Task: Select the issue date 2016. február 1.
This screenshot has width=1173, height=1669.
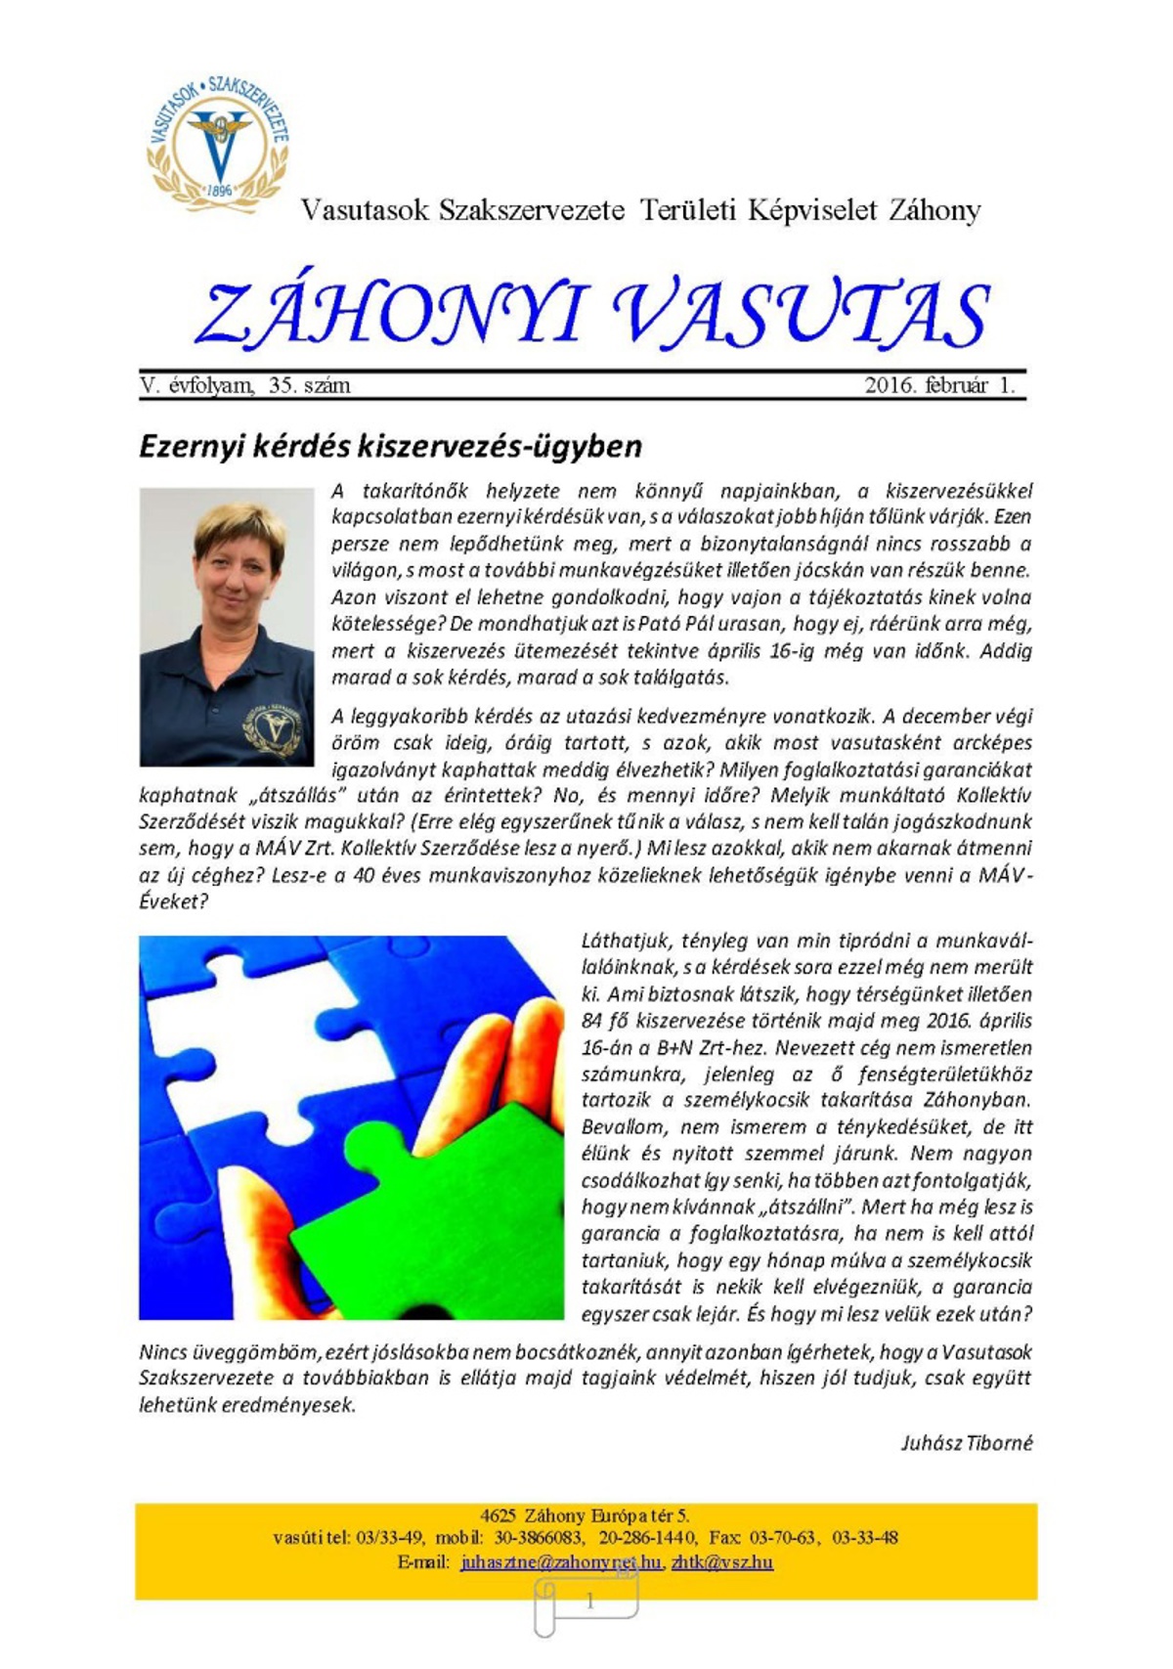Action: click(939, 385)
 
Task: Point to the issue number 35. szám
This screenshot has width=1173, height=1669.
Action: click(309, 385)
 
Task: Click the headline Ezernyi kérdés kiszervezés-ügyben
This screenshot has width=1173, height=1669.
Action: click(390, 446)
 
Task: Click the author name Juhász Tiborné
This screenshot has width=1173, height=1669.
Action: click(966, 1443)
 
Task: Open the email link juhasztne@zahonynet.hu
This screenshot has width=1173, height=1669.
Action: click(561, 1562)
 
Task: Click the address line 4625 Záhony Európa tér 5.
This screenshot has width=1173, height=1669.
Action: click(585, 1516)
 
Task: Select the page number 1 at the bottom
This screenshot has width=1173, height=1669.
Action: click(589, 1602)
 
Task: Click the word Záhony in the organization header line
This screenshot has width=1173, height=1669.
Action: click(934, 210)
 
